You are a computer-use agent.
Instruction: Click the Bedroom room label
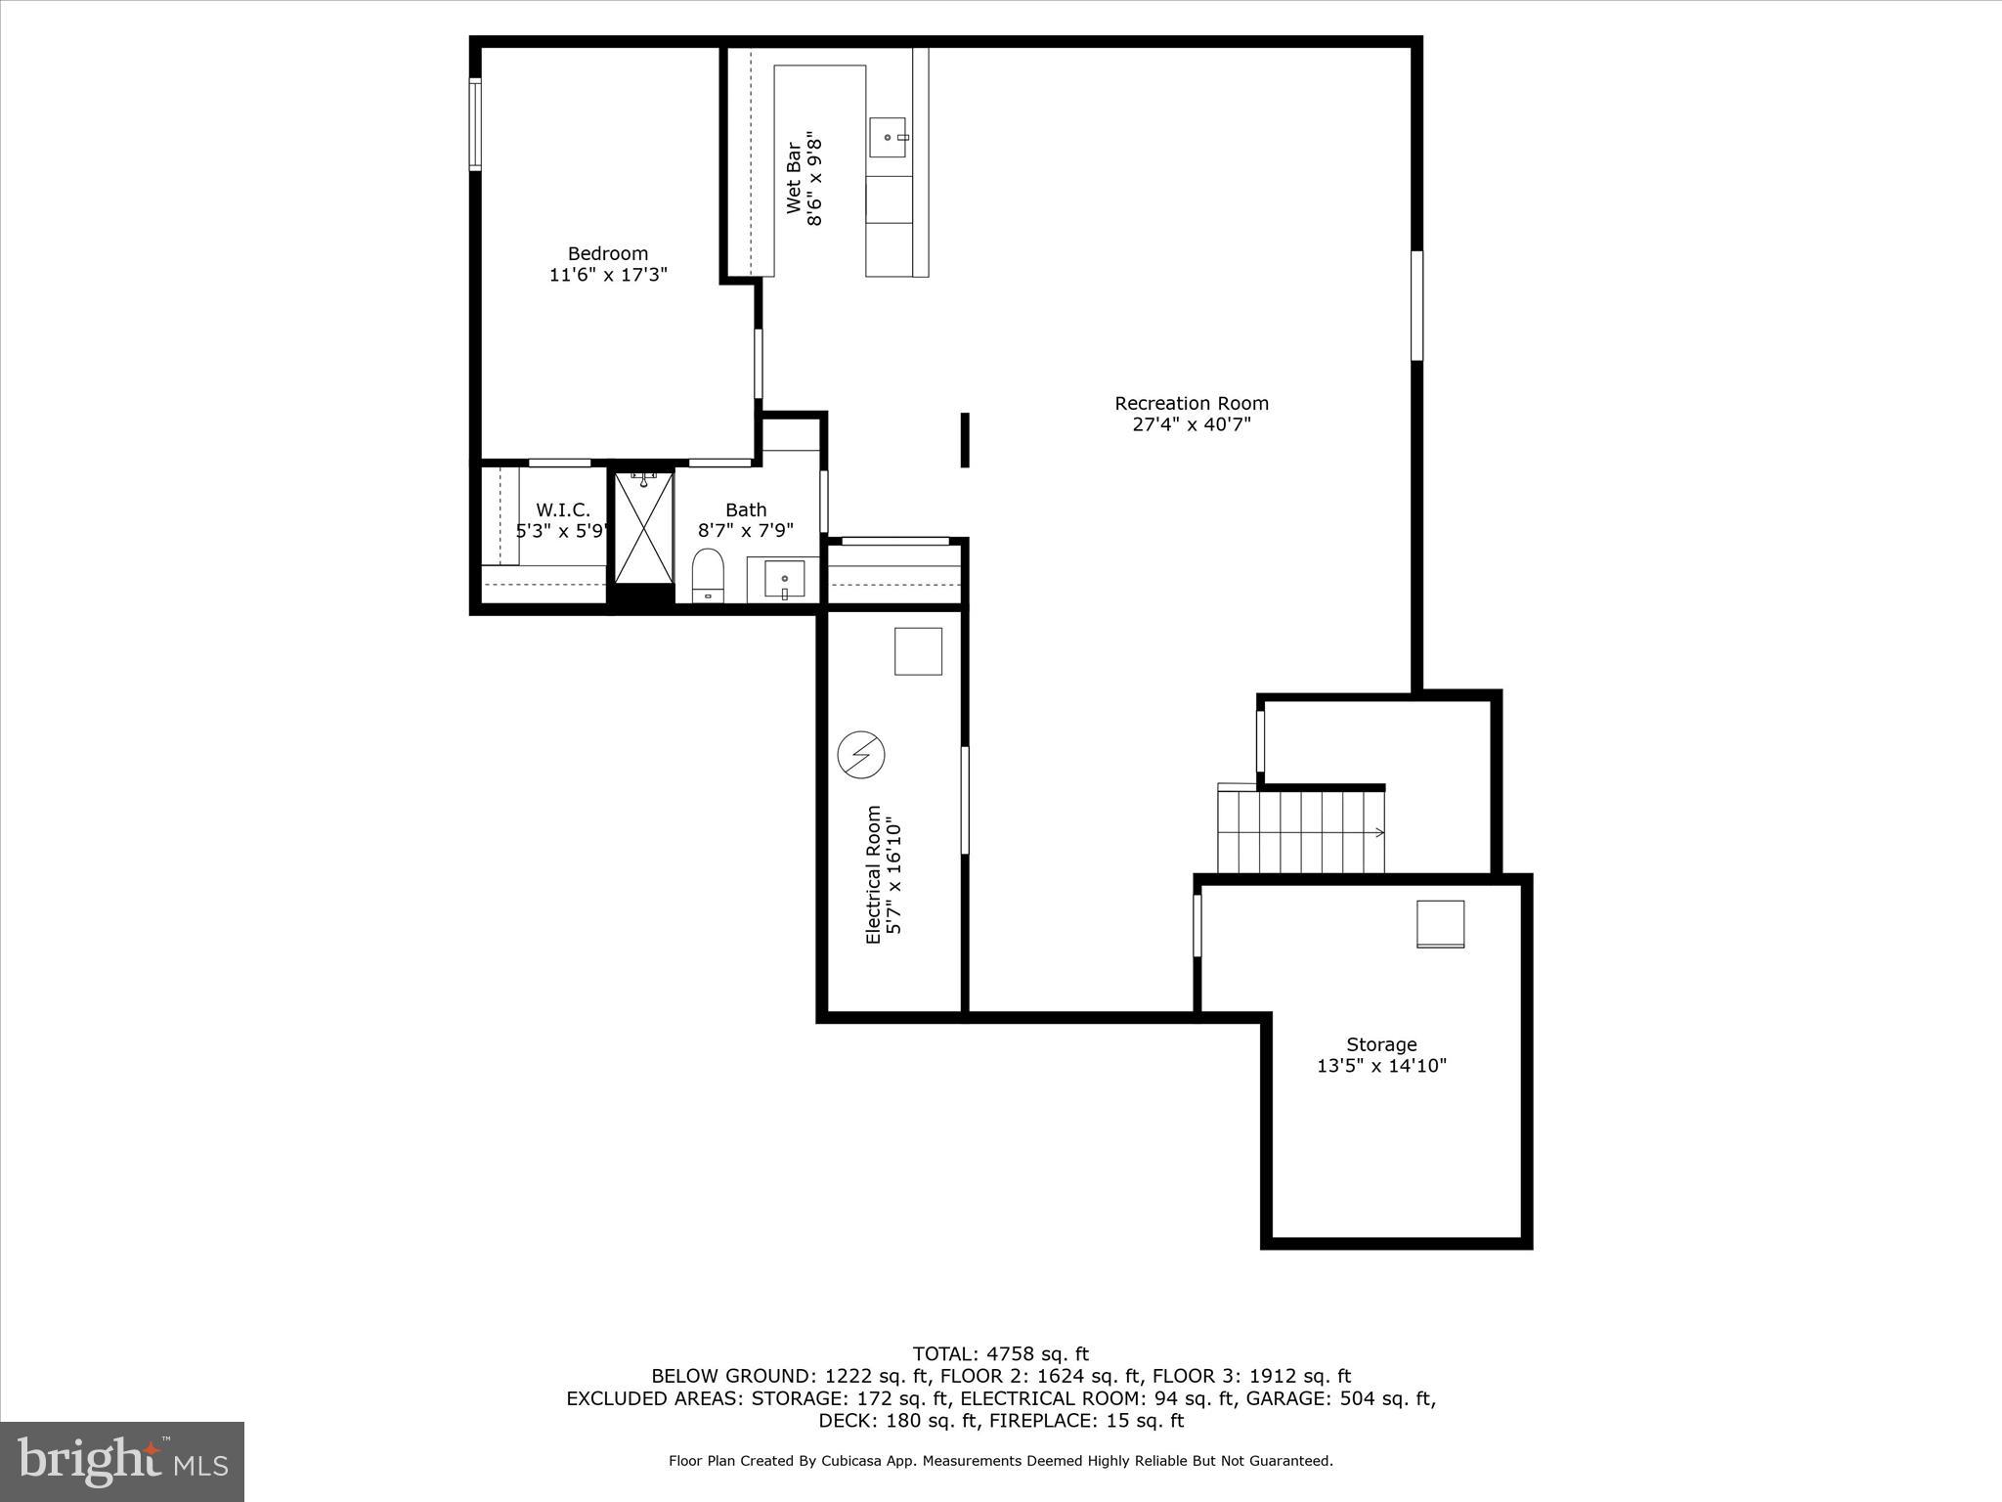coord(608,254)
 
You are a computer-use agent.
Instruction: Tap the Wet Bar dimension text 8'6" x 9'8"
coord(815,182)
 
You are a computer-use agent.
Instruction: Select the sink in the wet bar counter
coord(890,138)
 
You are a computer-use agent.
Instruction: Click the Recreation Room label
coord(1191,403)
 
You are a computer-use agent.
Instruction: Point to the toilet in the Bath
coord(707,575)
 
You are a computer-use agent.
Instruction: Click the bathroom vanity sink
coord(784,580)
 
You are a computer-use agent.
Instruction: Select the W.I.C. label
coord(563,509)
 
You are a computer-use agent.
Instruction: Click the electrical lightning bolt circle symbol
coord(861,755)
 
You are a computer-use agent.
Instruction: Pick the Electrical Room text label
coord(873,874)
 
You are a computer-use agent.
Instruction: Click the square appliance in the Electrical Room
coord(918,651)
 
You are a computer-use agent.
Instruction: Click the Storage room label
coord(1380,1044)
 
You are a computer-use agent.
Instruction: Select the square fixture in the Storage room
coord(1440,924)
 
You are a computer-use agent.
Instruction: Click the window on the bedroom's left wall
coord(475,125)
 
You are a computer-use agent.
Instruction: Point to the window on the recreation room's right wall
coord(1416,305)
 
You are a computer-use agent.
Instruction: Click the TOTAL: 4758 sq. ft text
coord(1000,1354)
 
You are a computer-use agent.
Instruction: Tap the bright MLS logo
coord(122,1461)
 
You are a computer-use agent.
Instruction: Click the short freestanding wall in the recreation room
coord(965,440)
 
